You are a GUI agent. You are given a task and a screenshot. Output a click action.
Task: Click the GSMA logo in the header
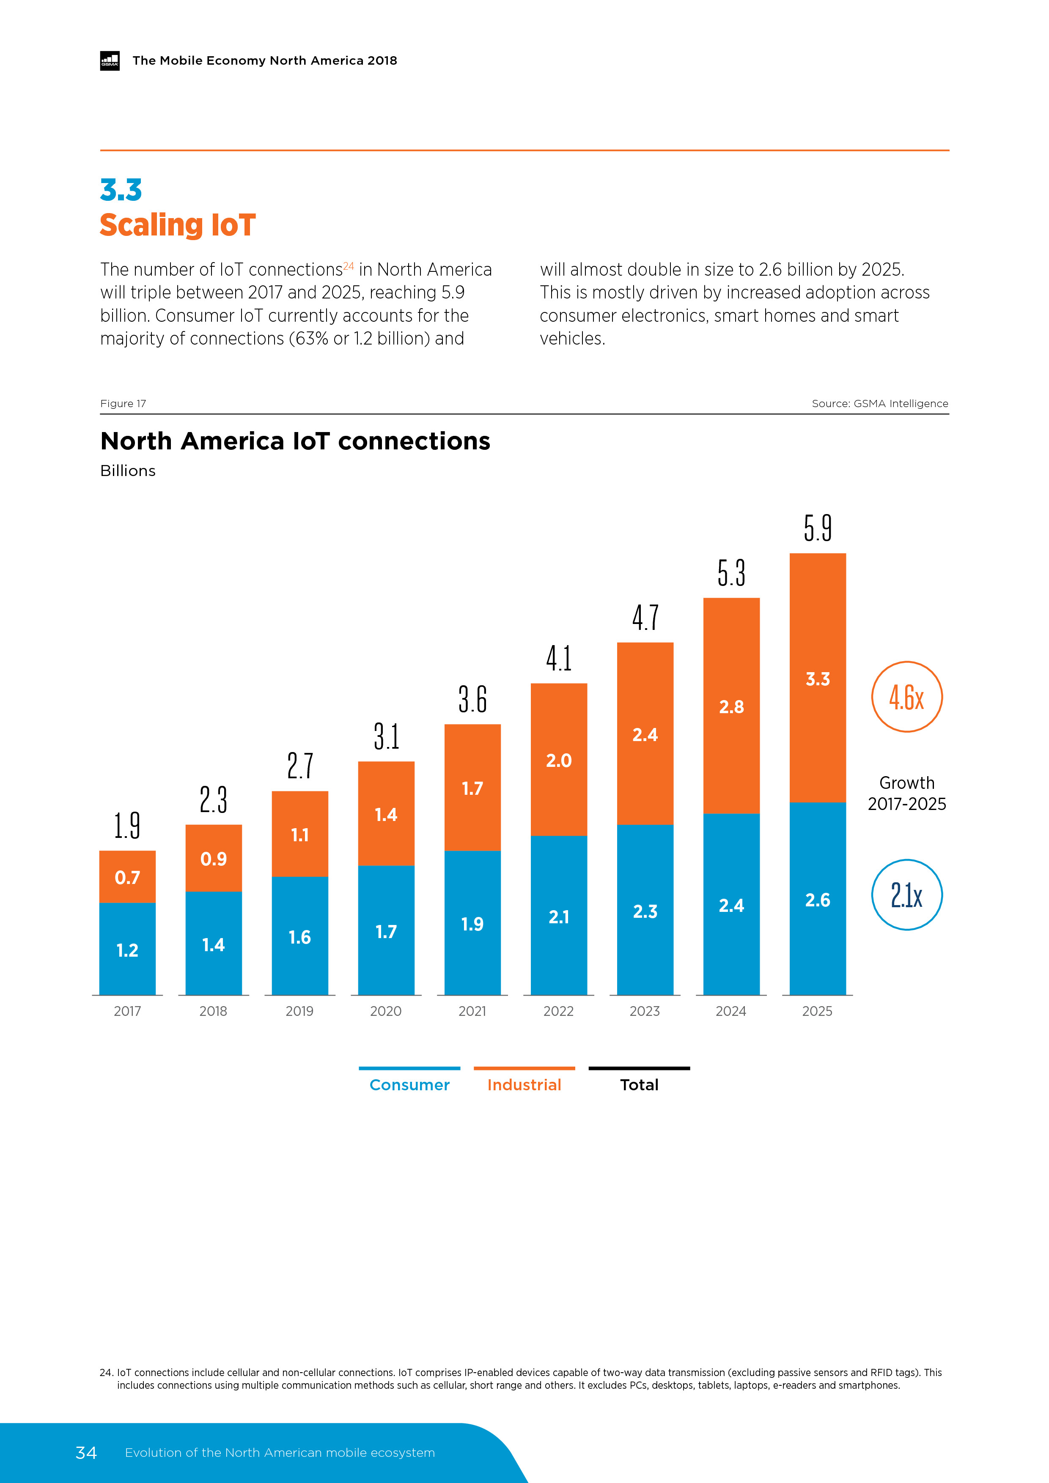click(x=110, y=61)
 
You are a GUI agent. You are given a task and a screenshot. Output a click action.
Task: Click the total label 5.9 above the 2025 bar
click(x=818, y=528)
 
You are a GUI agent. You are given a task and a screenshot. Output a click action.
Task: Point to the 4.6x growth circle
click(x=907, y=697)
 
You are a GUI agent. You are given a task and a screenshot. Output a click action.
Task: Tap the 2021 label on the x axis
click(x=472, y=1012)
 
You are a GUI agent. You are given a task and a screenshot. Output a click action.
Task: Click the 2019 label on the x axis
click(x=299, y=1012)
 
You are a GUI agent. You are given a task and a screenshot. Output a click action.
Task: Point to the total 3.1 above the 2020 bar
click(x=387, y=737)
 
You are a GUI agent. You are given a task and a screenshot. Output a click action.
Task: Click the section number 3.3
click(x=121, y=191)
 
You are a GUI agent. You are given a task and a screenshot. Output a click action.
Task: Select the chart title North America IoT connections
click(x=295, y=441)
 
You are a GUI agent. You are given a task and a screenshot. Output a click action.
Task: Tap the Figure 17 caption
click(x=123, y=404)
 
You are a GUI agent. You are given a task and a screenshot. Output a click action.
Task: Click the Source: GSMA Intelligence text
click(x=880, y=404)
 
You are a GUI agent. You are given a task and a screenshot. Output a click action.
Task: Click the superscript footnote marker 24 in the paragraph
click(x=349, y=265)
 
